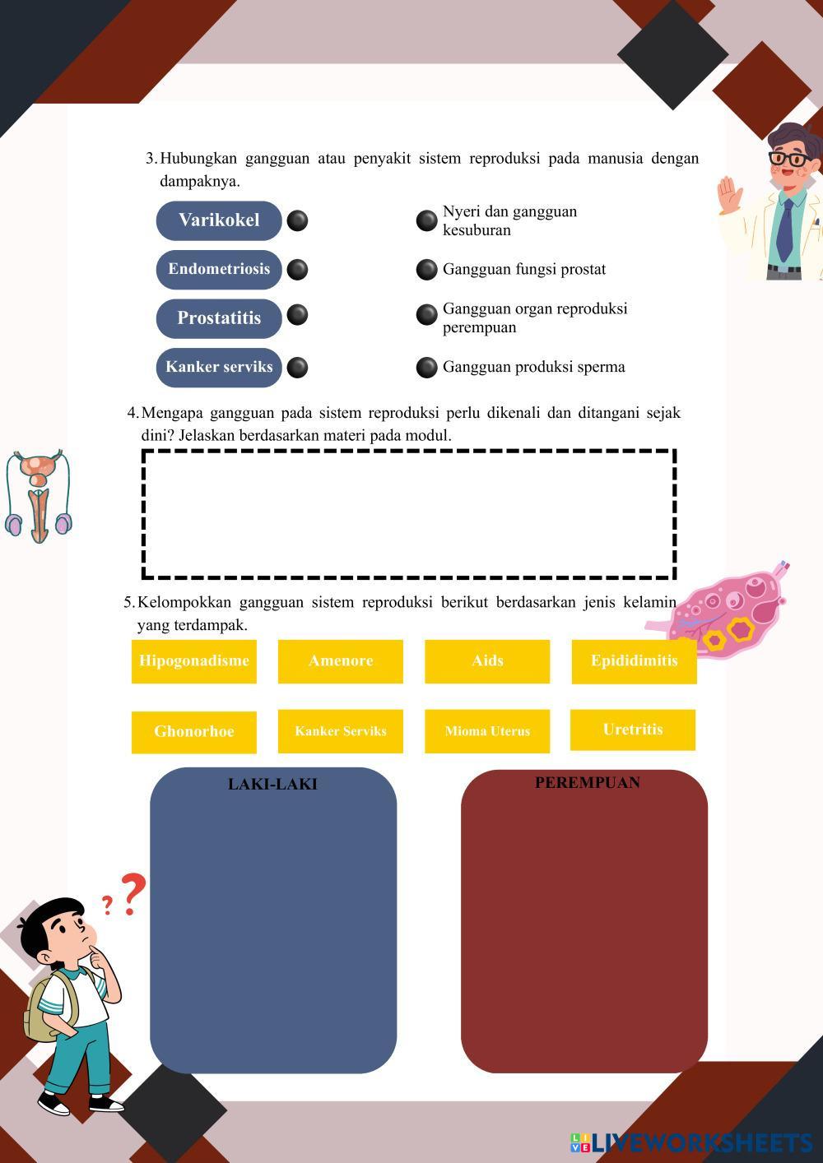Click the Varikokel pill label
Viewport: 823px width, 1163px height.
click(219, 220)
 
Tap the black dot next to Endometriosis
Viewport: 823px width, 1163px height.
click(297, 270)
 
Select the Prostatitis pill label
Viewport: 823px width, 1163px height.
click(219, 318)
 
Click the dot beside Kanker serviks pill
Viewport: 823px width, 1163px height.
click(297, 368)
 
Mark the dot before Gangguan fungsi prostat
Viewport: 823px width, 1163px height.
click(426, 270)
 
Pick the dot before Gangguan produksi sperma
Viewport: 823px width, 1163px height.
click(426, 368)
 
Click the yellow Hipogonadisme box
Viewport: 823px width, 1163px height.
click(193, 661)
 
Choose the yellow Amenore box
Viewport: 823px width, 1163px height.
click(341, 661)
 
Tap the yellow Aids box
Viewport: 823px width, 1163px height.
click(487, 661)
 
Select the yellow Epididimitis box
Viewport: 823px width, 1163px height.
click(634, 662)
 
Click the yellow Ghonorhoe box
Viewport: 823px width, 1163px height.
click(193, 732)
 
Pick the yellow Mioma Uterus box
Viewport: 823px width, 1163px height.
click(487, 731)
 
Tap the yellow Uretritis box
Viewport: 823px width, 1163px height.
click(633, 730)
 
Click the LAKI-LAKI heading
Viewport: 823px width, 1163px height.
click(272, 784)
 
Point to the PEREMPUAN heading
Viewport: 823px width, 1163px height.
click(588, 782)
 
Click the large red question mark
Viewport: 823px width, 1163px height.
click(133, 894)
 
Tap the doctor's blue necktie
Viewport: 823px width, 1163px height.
click(784, 230)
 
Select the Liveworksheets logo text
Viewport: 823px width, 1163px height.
click(692, 1142)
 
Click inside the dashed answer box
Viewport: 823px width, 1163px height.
click(409, 514)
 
